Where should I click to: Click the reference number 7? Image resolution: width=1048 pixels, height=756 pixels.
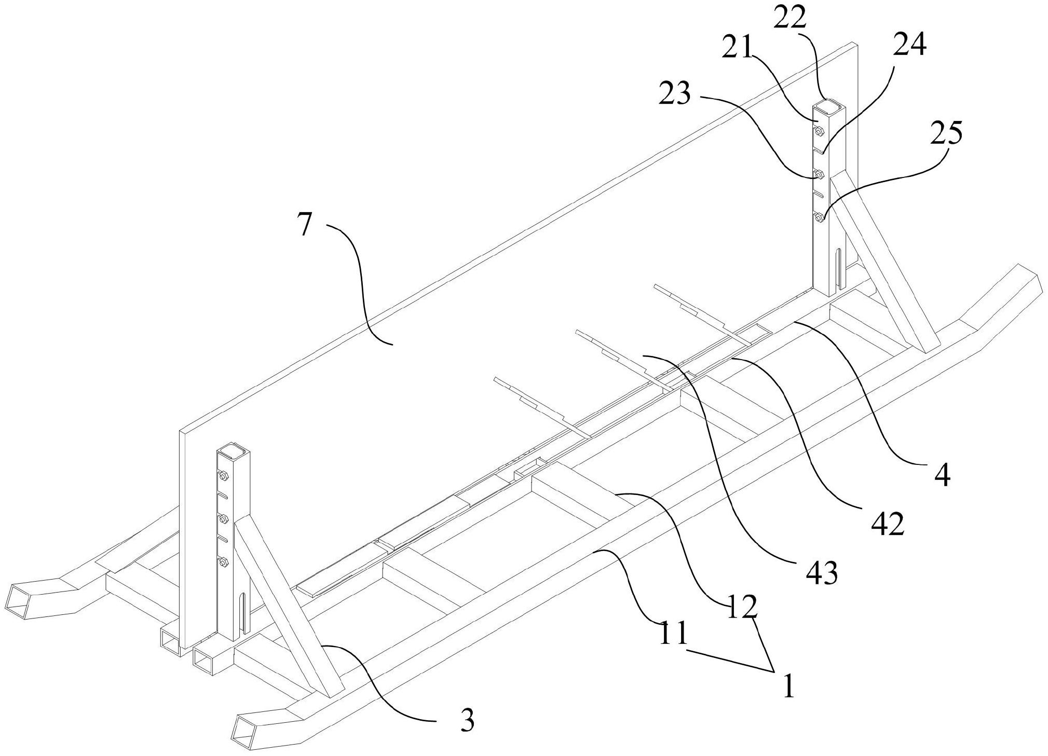tap(306, 225)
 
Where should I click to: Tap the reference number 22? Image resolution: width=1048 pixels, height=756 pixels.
tap(790, 19)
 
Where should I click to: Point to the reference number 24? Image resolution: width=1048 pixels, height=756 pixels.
tap(909, 46)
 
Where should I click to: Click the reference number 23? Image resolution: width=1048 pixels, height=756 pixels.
tap(675, 94)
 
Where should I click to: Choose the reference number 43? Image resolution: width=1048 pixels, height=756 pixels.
tap(822, 572)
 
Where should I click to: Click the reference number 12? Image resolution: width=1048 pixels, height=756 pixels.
tap(741, 607)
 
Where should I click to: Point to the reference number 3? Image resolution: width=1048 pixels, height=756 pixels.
tap(467, 720)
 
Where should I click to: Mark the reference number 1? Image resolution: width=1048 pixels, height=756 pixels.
tap(788, 685)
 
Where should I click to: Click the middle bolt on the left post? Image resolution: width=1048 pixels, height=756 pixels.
tap(224, 517)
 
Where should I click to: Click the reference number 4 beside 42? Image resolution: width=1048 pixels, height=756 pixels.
tap(942, 475)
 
